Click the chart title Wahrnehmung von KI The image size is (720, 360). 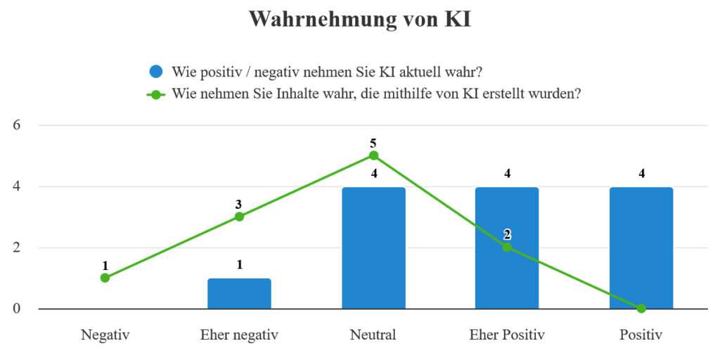coord(359,20)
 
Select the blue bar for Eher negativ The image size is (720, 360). coord(239,294)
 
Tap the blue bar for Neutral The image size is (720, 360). coord(373,247)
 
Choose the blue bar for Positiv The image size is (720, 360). coord(641,247)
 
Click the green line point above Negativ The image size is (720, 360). coord(105,278)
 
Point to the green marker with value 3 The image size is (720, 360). coord(239,217)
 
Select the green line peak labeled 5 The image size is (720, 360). coord(373,155)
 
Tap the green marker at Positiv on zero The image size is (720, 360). coord(641,308)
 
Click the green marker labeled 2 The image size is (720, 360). coord(507,247)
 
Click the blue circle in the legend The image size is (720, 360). coord(156,72)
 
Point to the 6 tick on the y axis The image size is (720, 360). coord(18,125)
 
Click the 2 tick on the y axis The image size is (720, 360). coord(18,247)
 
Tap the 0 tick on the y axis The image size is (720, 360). coord(18,309)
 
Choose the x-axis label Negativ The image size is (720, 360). coord(105,335)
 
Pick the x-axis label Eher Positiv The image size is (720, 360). coord(507,335)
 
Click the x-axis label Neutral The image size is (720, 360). coord(373,335)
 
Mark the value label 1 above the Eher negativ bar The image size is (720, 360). coord(239,266)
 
